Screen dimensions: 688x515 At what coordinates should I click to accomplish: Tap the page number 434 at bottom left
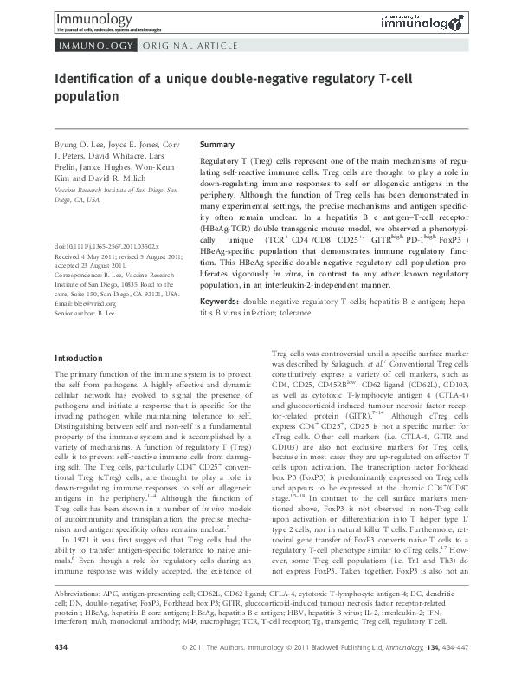[x=61, y=672]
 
